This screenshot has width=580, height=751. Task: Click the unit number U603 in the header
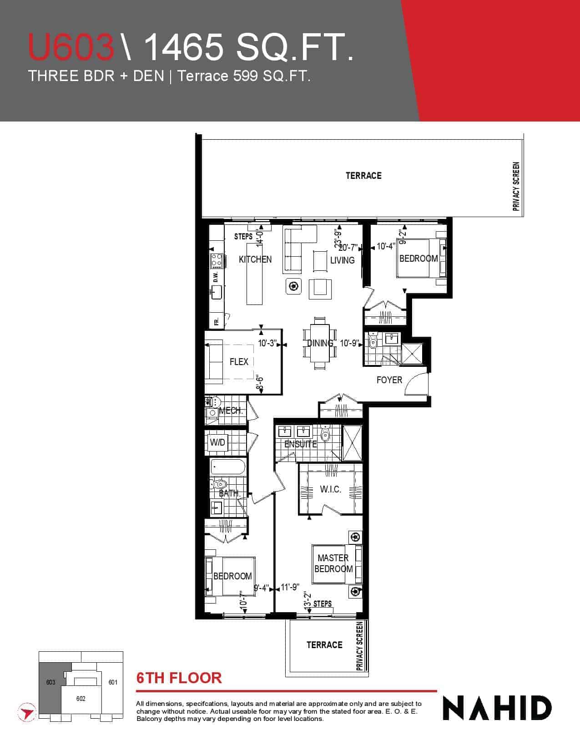coord(71,47)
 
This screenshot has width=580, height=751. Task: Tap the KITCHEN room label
coord(255,259)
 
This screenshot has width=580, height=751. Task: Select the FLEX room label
coord(239,361)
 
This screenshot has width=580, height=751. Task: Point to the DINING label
coord(320,343)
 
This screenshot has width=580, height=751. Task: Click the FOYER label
coord(389,380)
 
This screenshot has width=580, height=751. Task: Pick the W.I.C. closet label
coord(330,489)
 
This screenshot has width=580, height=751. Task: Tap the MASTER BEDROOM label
coord(333,563)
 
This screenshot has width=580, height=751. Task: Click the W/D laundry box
coord(217,442)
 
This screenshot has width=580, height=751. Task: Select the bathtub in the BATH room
coord(228,468)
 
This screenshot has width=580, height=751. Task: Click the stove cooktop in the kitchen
coord(217,261)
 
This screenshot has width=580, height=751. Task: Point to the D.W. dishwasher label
coord(216,277)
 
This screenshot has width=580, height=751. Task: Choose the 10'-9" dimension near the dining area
coord(349,343)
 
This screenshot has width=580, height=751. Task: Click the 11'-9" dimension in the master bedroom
coord(290,587)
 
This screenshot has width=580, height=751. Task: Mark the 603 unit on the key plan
coord(51,682)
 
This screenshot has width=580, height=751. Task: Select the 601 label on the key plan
coord(113,682)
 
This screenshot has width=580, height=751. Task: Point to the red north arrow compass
coord(26,712)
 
